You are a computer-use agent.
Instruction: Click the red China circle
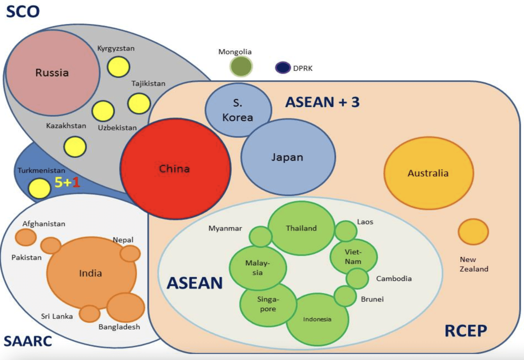pos(175,169)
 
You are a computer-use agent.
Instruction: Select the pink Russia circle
pos(52,72)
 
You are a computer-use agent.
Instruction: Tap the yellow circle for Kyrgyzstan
pos(118,67)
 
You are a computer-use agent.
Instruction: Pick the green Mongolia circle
pos(241,66)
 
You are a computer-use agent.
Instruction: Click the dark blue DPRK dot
pos(283,68)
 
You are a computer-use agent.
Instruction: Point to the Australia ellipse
pos(428,173)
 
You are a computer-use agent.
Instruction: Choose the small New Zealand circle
pos(473,232)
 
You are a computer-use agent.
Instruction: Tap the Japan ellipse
pos(288,157)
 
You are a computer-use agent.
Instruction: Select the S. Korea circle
pos(238,110)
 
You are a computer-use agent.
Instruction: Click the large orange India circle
pos(91,273)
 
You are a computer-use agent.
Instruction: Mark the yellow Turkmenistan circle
pos(39,188)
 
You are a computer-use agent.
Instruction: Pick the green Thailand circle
pos(301,228)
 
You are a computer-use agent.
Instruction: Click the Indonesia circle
pos(317,319)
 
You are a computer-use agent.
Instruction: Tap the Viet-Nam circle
pos(353,257)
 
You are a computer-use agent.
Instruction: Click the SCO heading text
pos(23,11)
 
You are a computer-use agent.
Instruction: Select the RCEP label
pos(466,331)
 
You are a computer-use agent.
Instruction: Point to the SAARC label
pos(28,341)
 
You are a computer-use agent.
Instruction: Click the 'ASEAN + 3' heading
pos(322,102)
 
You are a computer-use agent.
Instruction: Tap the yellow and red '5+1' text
pos(67,182)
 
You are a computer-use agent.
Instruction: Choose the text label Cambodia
pos(394,279)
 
